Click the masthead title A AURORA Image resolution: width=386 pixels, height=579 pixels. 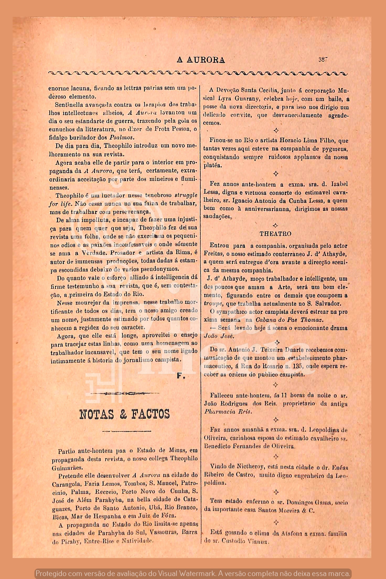[201, 60]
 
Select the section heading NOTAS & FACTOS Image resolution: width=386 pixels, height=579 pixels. [125, 414]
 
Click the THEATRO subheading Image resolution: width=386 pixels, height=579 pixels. [275, 234]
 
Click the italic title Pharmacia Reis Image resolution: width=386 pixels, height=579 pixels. [228, 412]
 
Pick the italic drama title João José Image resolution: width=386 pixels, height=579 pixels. [219, 336]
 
